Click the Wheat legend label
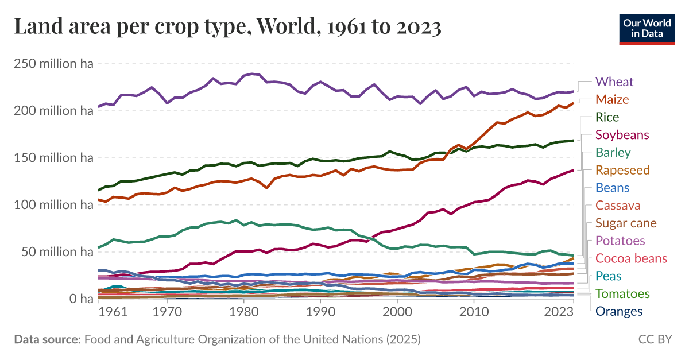pyautogui.click(x=614, y=82)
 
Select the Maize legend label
pyautogui.click(x=612, y=99)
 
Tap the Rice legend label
pyautogui.click(x=607, y=117)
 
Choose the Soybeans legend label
pyautogui.click(x=622, y=135)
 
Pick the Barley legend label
pyautogui.click(x=613, y=153)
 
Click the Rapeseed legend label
pyautogui.click(x=622, y=170)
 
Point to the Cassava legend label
pyautogui.click(x=618, y=206)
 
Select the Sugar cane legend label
pyautogui.click(x=626, y=223)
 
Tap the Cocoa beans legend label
pyautogui.click(x=631, y=258)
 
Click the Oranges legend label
pyautogui.click(x=619, y=312)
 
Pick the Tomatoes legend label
pyautogui.click(x=622, y=294)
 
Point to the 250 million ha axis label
pyautogui.click(x=53, y=64)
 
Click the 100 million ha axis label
pyautogui.click(x=53, y=205)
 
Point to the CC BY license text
pyautogui.click(x=655, y=339)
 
